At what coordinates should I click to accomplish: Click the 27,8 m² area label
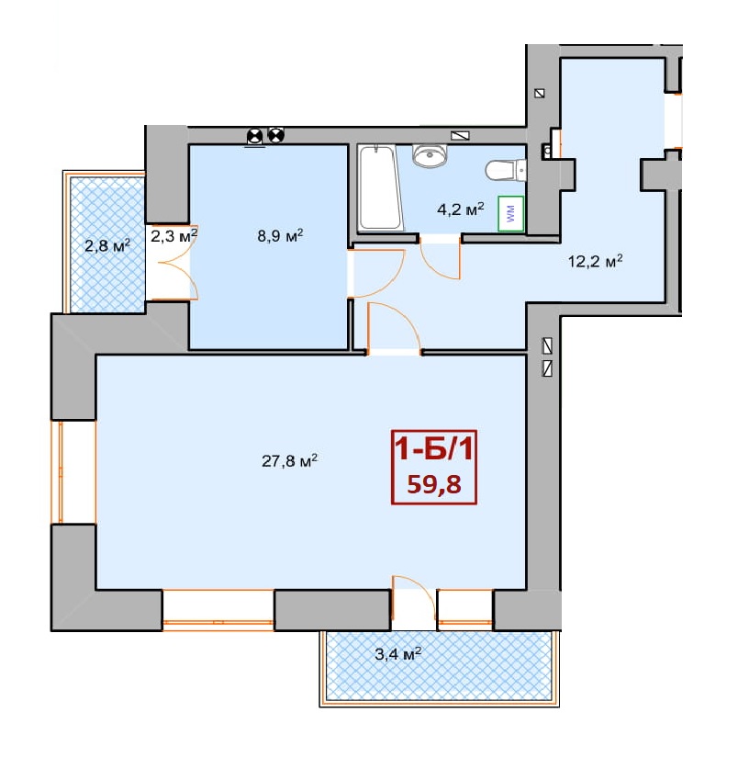[x=289, y=460]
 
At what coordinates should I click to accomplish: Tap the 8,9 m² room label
[x=280, y=235]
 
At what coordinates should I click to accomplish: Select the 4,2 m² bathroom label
[x=461, y=209]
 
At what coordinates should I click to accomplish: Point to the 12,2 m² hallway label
[x=595, y=260]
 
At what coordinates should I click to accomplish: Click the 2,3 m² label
[x=173, y=235]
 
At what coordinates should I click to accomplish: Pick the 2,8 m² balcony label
[x=107, y=244]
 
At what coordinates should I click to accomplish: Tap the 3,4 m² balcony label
[x=397, y=653]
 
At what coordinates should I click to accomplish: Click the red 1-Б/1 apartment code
[x=434, y=448]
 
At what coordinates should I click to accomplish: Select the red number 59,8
[x=434, y=484]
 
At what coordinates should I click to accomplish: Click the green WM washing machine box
[x=511, y=213]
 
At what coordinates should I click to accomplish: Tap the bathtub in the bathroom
[x=381, y=187]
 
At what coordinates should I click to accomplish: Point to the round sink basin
[x=430, y=156]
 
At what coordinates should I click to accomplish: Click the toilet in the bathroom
[x=506, y=171]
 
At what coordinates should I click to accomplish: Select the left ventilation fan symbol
[x=254, y=136]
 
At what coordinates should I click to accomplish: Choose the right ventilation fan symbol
[x=275, y=135]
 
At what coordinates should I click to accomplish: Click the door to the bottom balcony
[x=414, y=603]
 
